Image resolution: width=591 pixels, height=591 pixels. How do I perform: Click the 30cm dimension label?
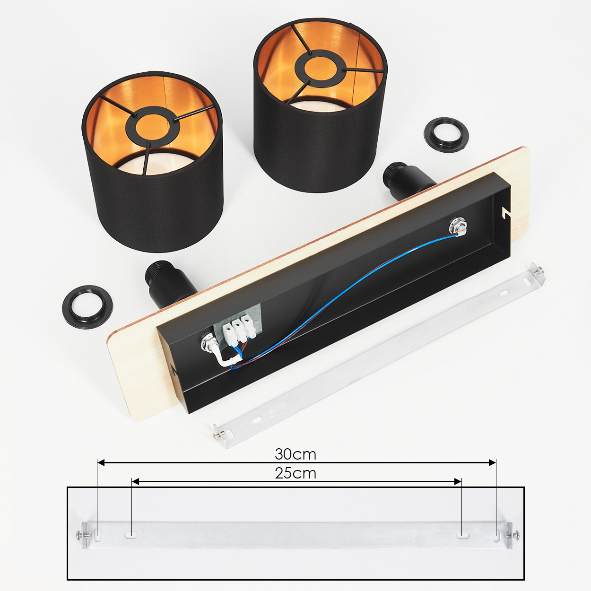click(x=295, y=454)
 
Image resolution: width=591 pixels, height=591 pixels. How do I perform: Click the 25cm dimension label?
click(x=295, y=473)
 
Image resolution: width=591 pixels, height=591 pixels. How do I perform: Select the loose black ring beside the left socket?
click(x=87, y=307)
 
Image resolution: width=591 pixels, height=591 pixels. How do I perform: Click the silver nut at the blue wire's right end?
click(x=457, y=227)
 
